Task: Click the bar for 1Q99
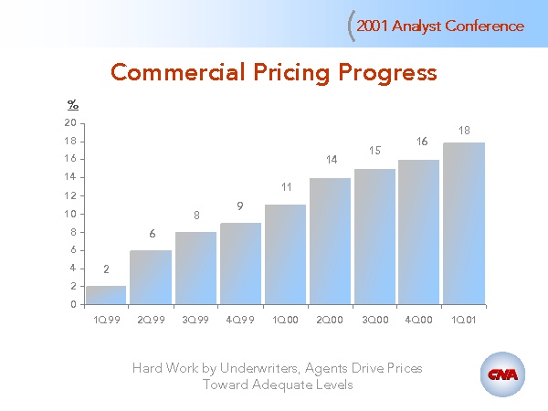[106, 295]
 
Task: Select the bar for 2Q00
[330, 241]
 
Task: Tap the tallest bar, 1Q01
[464, 224]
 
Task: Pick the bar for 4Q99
[240, 264]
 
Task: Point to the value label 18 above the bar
[464, 131]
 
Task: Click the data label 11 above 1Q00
[285, 187]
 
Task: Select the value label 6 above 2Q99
[152, 234]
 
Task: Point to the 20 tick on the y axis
[71, 123]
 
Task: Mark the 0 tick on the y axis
[74, 305]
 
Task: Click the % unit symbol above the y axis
[73, 105]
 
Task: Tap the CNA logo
[502, 374]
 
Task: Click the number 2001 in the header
[373, 26]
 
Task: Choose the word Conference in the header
[485, 26]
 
